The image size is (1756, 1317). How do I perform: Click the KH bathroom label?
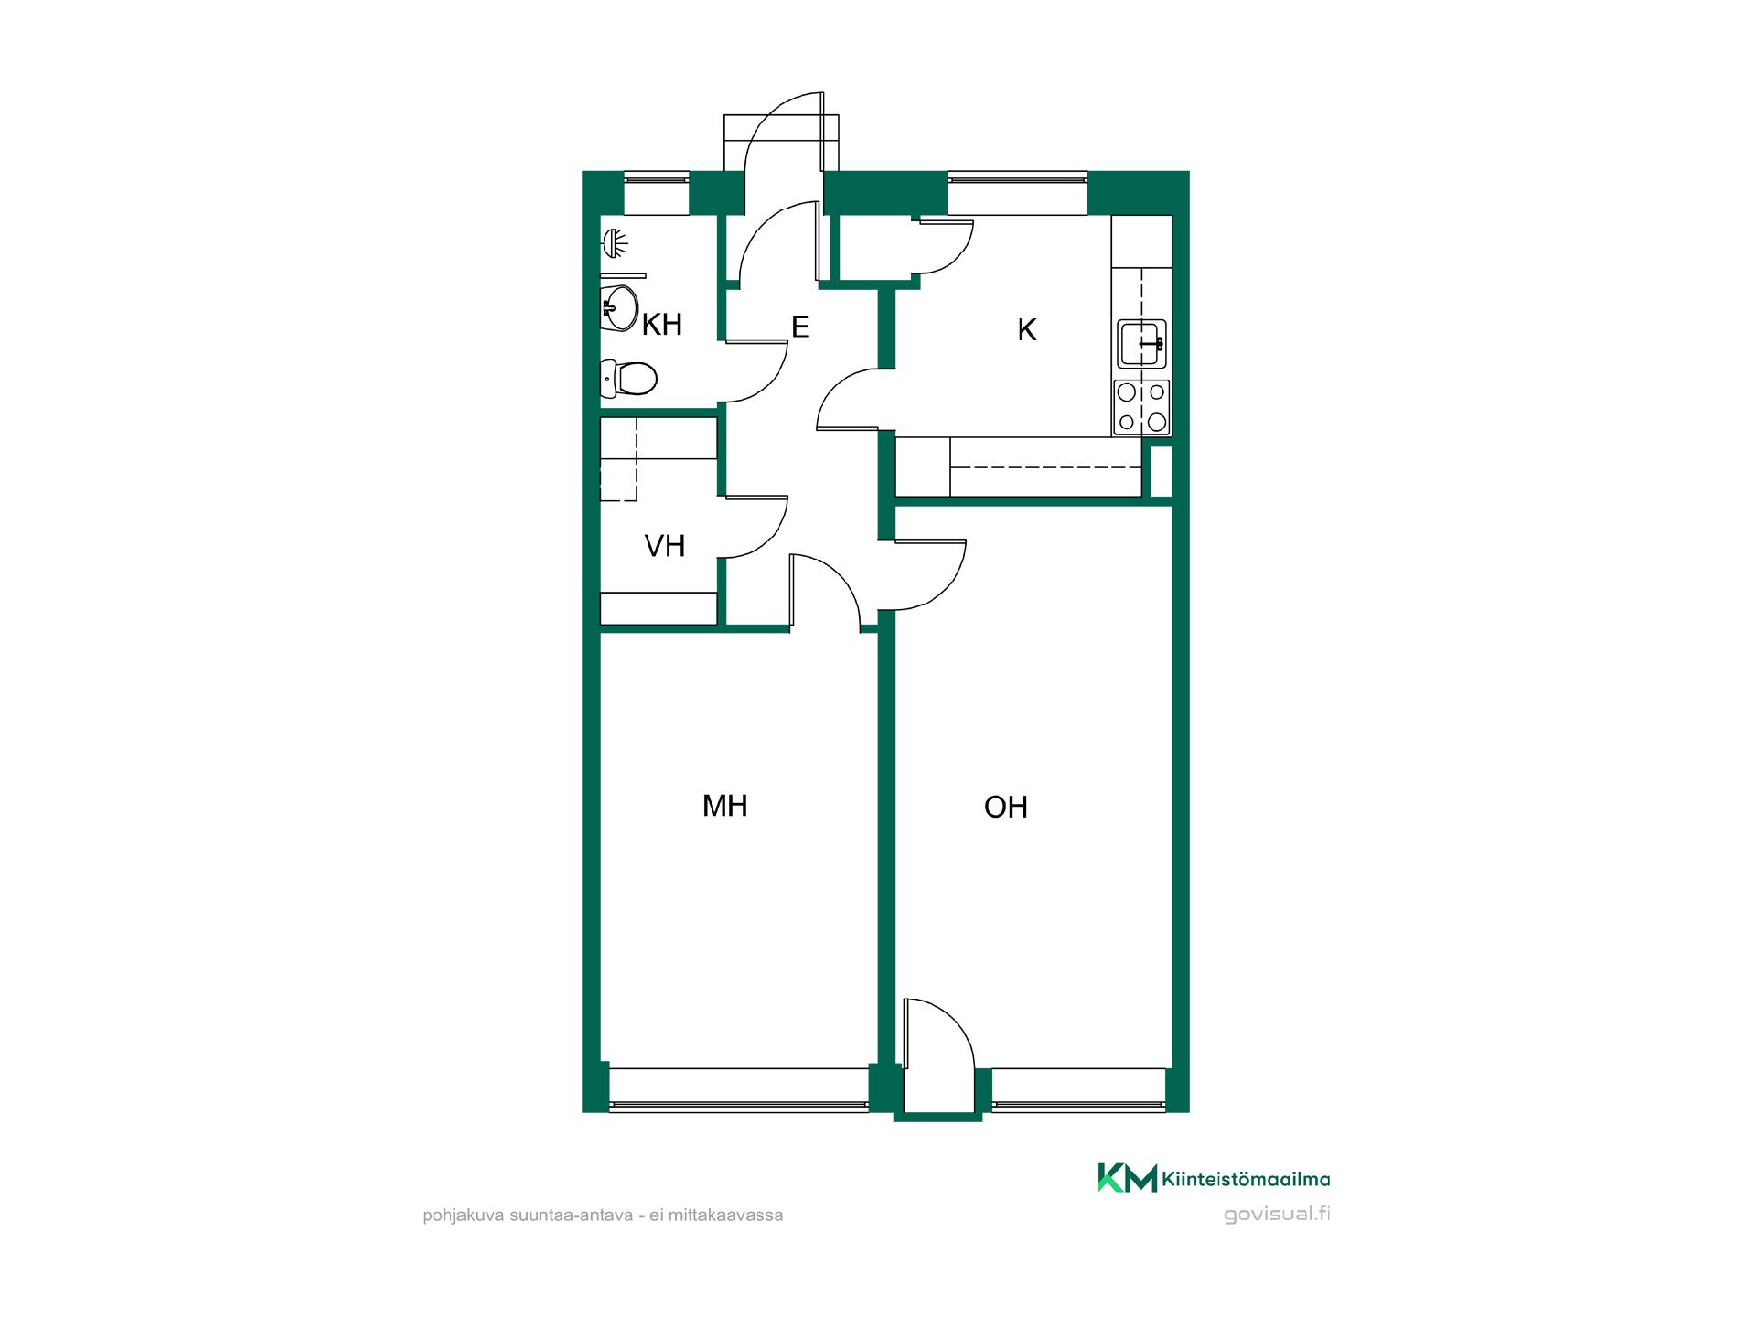[662, 325]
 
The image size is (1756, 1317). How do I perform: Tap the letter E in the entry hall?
[800, 327]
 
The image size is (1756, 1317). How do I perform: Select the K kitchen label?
[1027, 330]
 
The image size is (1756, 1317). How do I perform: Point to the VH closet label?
[665, 546]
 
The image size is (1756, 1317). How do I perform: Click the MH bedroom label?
[725, 806]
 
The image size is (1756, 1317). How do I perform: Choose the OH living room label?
[1006, 808]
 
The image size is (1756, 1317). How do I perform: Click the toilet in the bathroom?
[628, 377]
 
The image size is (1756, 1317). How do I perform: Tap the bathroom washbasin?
[619, 308]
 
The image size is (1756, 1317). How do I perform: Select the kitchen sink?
[1141, 344]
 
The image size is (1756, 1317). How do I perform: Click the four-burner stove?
[1141, 407]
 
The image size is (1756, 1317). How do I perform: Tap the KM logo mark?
[1127, 1178]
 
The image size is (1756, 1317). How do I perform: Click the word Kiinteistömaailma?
[1246, 1180]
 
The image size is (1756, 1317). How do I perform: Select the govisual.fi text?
[1277, 1215]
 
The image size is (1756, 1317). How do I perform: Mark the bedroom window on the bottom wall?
[739, 1090]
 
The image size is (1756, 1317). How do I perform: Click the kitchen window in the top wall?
[1017, 193]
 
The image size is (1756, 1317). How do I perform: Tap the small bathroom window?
[656, 193]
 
